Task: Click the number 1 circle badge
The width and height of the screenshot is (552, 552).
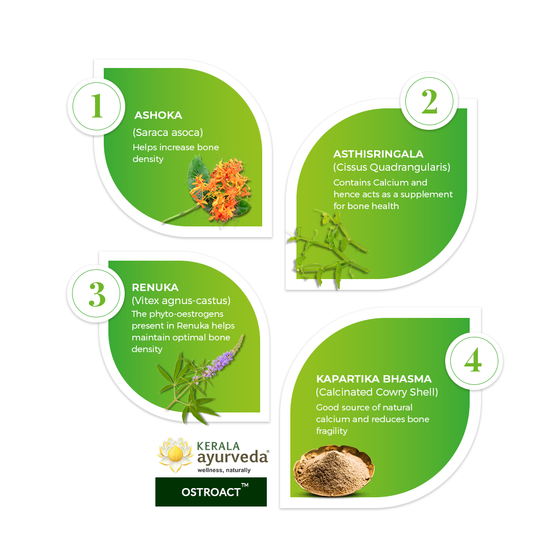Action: pyautogui.click(x=97, y=107)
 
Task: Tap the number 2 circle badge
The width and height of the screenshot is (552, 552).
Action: pyautogui.click(x=429, y=102)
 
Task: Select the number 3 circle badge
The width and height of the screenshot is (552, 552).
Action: pyautogui.click(x=97, y=294)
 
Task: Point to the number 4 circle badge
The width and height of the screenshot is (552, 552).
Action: pyautogui.click(x=473, y=361)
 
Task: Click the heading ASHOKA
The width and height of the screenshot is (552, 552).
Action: pyautogui.click(x=158, y=116)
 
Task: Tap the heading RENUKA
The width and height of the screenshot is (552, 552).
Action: pyautogui.click(x=155, y=288)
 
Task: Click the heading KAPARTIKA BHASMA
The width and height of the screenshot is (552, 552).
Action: pyautogui.click(x=374, y=379)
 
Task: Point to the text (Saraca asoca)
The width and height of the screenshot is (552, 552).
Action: pyautogui.click(x=168, y=132)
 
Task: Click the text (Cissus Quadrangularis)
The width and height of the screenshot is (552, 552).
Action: pyautogui.click(x=392, y=168)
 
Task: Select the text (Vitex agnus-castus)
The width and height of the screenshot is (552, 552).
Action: pyautogui.click(x=181, y=301)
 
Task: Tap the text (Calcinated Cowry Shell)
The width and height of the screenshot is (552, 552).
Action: pyautogui.click(x=377, y=393)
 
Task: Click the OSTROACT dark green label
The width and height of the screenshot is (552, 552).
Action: pyautogui.click(x=211, y=492)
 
